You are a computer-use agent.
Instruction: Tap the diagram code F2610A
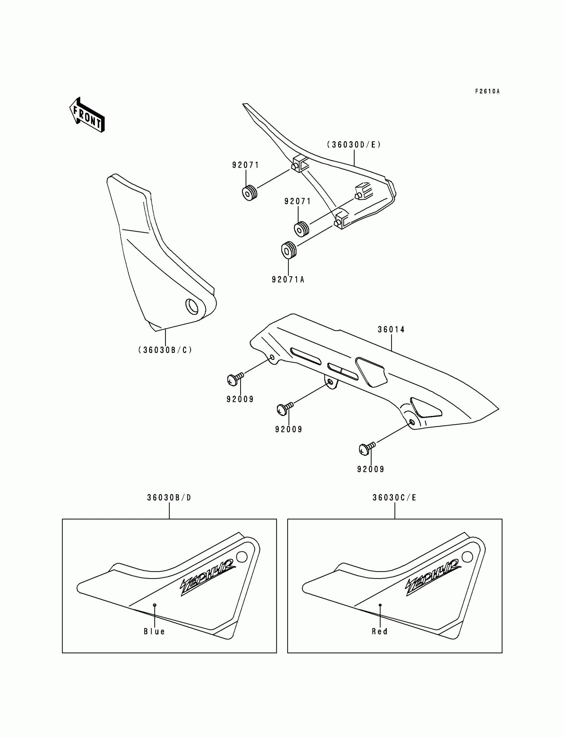[487, 91]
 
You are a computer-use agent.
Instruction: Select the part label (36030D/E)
[354, 145]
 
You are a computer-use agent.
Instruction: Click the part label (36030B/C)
[165, 350]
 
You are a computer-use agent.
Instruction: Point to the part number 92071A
[288, 280]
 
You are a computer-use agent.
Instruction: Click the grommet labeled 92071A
[289, 250]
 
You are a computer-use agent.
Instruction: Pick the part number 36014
[391, 330]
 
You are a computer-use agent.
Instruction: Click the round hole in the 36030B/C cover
[192, 306]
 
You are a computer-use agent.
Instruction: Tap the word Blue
[154, 632]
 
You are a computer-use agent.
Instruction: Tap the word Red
[380, 632]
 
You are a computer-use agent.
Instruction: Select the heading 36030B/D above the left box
[169, 498]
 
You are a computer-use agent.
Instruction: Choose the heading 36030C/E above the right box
[394, 498]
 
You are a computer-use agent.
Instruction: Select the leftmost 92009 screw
[235, 379]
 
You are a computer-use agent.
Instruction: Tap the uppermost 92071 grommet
[249, 193]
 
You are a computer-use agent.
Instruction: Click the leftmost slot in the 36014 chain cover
[306, 356]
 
